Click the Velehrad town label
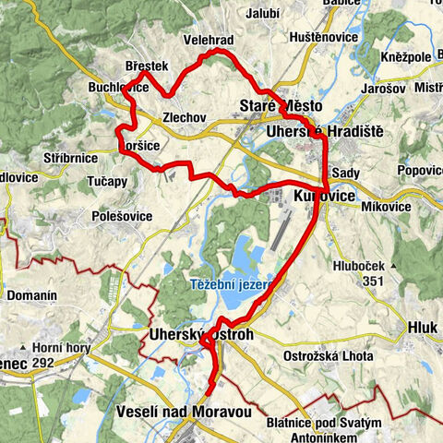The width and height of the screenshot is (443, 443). pyautogui.click(x=211, y=41)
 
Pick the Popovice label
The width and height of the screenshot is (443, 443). pyautogui.click(x=419, y=171)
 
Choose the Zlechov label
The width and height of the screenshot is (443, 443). pyautogui.click(x=181, y=118)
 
